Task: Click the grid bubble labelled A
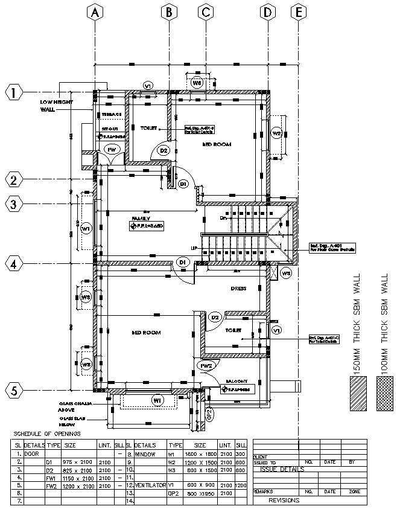point(93,11)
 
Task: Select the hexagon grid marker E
point(298,11)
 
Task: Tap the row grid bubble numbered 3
point(13,204)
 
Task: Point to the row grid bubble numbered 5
point(13,391)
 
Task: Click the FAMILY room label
point(142,219)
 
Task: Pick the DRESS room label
point(238,289)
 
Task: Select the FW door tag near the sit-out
point(112,149)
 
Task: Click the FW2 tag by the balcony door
point(206,365)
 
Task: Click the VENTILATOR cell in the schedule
point(149,485)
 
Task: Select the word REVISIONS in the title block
point(284,501)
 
